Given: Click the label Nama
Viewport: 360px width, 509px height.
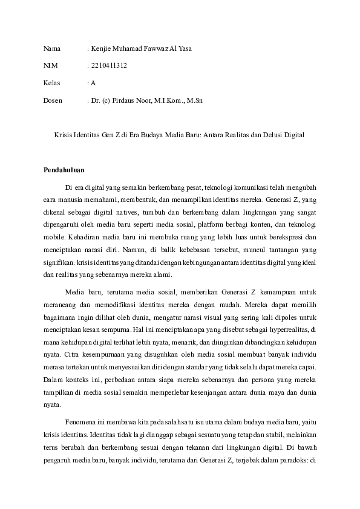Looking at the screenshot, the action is coord(52,48).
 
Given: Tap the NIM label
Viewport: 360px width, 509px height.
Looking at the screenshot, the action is coord(50,65).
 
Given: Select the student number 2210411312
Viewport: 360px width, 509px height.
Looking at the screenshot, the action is coord(108,65).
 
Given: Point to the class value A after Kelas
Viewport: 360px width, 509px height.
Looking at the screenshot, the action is coord(93,83).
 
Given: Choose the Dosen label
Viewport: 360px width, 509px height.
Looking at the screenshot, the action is coord(53,100).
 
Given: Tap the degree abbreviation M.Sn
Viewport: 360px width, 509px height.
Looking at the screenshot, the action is coord(194,100).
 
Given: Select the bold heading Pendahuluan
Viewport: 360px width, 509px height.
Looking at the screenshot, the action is coord(64,169).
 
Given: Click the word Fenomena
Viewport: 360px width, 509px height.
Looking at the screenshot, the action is coord(79,421).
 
